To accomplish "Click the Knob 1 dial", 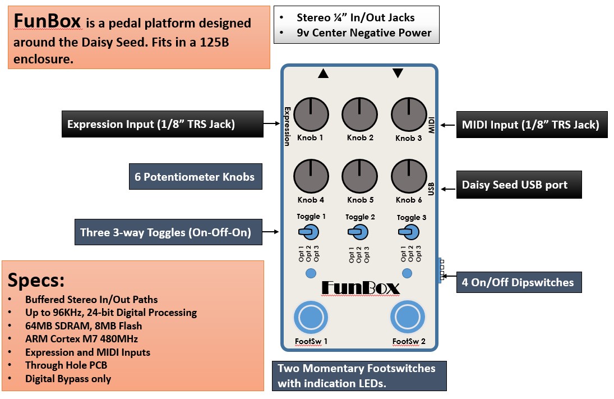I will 311,114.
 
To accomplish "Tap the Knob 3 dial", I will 408,114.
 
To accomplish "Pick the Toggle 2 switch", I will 358,231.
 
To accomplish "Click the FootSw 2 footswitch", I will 408,318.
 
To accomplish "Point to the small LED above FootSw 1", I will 311,273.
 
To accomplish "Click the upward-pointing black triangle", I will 323,73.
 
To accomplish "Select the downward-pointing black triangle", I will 398,73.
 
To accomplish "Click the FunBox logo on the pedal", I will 361,288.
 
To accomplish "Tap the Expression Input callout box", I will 162,124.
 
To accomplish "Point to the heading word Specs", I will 36,280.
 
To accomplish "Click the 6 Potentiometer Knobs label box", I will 195,177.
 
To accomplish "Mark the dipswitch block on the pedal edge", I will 441,270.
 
